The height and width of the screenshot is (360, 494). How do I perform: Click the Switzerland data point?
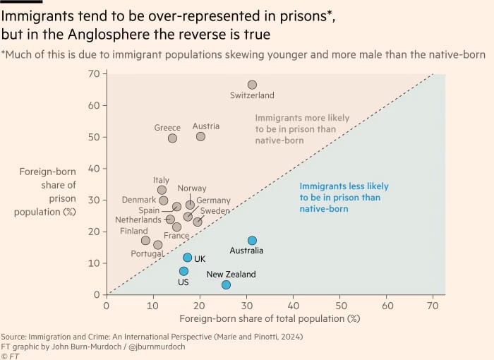pos(252,85)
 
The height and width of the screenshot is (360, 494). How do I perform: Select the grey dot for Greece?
pos(172,138)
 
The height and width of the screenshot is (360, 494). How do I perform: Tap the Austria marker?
pos(200,136)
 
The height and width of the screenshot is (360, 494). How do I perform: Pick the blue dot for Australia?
pos(252,241)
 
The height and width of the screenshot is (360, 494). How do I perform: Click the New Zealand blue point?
pos(226,284)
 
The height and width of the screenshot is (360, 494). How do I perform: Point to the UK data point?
pos(188,258)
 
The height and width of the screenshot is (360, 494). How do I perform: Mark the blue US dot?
pos(183,271)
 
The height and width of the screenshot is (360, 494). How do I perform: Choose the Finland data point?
pos(145,241)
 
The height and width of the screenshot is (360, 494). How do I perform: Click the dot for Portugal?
pos(157,245)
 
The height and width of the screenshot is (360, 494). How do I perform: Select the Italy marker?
pos(162,190)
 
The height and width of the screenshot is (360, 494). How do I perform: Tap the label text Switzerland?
pos(252,95)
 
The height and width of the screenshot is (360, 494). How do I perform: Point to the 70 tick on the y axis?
pos(92,73)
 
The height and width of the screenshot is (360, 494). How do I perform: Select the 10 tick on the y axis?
pos(92,263)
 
